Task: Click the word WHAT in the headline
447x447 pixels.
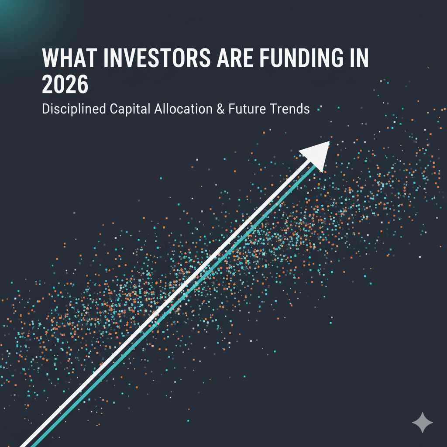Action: (x=69, y=58)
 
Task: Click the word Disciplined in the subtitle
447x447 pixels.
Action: (x=74, y=109)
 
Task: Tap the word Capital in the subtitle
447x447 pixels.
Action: (x=130, y=109)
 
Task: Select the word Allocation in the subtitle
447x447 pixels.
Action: (x=183, y=109)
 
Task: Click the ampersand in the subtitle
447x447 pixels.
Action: (x=220, y=109)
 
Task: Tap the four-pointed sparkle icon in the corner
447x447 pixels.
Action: (x=423, y=423)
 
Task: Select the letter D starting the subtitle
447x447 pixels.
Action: (x=46, y=109)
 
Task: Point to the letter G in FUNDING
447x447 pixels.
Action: (x=337, y=58)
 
